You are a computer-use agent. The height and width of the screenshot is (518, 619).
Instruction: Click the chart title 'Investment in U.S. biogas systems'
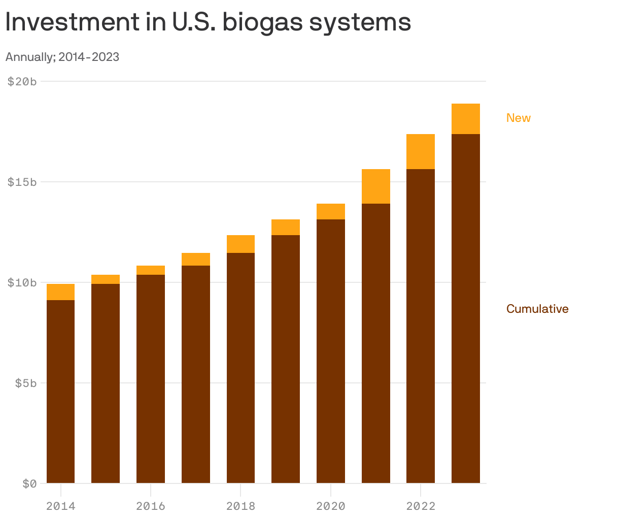tap(208, 22)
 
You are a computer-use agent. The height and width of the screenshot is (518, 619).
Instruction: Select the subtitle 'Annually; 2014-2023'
tap(62, 57)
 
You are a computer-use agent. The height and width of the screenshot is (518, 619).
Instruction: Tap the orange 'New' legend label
tap(518, 118)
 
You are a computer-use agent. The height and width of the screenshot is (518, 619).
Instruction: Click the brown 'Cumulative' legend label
tap(537, 309)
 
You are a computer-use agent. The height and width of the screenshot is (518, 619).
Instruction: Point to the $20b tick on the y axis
tap(22, 81)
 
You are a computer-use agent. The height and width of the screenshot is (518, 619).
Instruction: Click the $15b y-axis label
tap(22, 182)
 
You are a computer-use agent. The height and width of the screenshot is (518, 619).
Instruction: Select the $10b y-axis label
tap(22, 282)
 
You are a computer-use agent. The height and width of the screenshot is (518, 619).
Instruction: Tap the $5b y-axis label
tap(25, 383)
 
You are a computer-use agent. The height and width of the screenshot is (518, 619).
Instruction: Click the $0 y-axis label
tap(29, 483)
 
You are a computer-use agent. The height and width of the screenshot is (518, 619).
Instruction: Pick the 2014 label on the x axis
tap(60, 506)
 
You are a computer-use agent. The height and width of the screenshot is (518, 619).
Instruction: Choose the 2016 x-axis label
tap(151, 506)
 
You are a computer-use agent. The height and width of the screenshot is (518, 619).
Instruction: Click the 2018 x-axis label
tap(240, 506)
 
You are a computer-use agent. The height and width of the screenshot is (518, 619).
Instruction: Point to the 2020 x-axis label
tap(330, 506)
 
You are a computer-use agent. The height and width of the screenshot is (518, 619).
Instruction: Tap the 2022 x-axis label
tap(421, 506)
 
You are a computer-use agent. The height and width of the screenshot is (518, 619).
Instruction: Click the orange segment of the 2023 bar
tap(465, 119)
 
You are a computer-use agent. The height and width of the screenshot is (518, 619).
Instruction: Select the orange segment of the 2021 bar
tap(375, 186)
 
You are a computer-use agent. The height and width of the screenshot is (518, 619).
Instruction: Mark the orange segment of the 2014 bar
tap(60, 292)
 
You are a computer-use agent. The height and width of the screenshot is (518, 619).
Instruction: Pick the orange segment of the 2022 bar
tap(421, 151)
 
